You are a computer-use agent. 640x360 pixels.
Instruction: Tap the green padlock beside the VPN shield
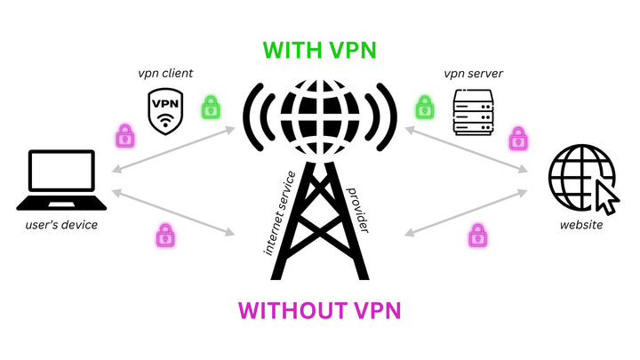pyautogui.click(x=211, y=109)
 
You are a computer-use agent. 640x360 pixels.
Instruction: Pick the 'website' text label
pyautogui.click(x=581, y=226)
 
